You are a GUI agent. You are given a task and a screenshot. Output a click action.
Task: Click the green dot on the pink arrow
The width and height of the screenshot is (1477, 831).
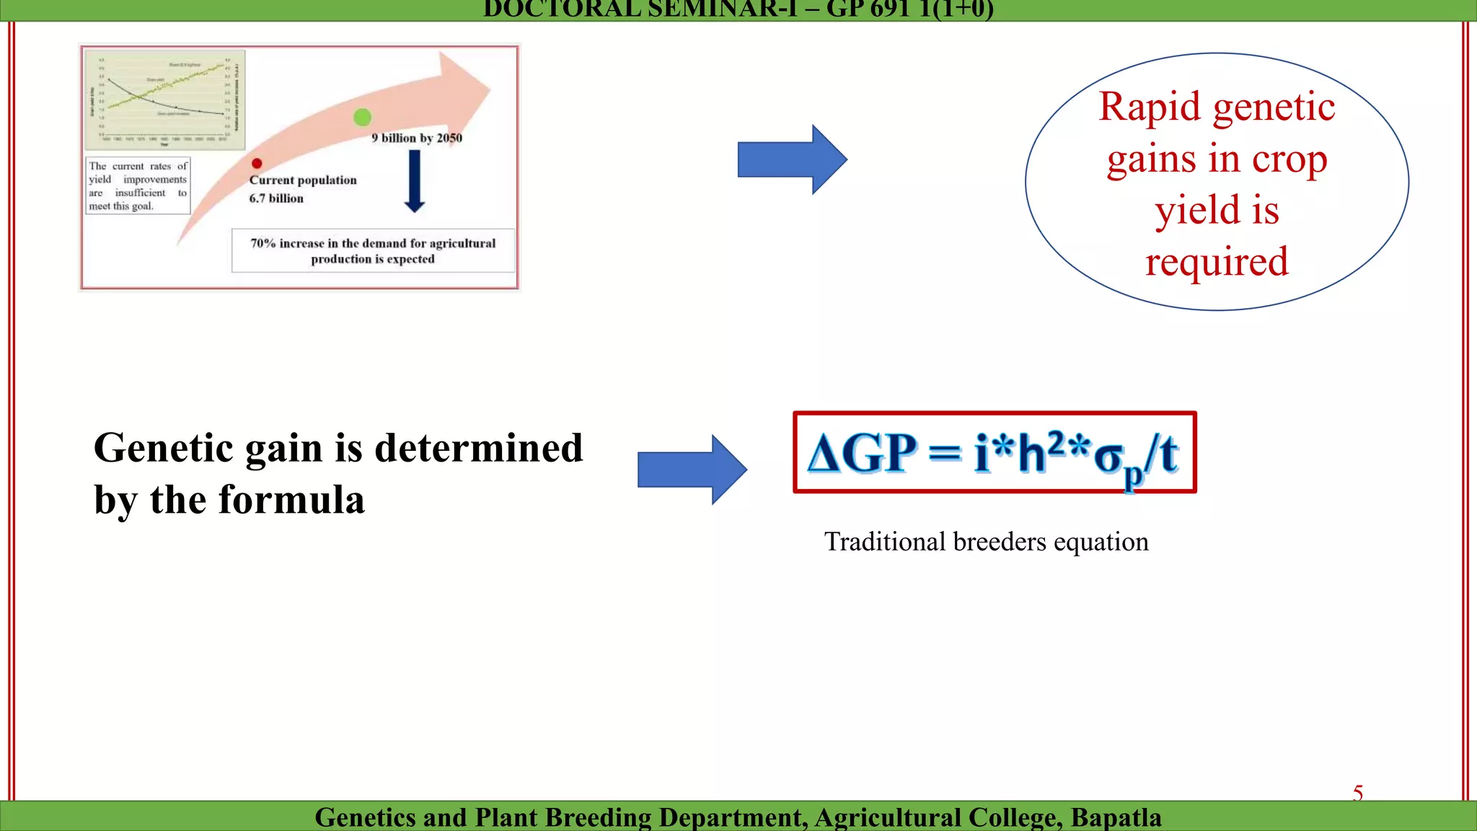(363, 117)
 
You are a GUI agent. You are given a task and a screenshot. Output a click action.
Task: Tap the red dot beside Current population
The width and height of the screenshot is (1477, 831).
(257, 164)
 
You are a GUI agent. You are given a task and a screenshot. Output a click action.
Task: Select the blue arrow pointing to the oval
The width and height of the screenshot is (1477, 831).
(792, 159)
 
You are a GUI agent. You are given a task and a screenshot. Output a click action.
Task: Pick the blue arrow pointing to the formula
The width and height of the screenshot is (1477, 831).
(692, 470)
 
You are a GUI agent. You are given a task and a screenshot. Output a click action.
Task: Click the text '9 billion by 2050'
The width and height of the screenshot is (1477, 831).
(417, 138)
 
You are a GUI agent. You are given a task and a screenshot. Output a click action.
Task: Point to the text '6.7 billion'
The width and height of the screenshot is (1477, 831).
(276, 198)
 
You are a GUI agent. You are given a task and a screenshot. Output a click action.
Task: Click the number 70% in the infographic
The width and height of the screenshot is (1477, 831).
(263, 244)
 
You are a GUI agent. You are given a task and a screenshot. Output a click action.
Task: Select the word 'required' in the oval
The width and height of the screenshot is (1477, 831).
(1217, 261)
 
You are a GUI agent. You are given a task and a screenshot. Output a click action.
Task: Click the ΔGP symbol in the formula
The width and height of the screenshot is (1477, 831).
(862, 454)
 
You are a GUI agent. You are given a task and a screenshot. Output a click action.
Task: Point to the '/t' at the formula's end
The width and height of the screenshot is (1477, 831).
(1163, 454)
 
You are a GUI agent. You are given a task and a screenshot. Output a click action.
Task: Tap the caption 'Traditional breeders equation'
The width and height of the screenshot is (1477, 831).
(986, 542)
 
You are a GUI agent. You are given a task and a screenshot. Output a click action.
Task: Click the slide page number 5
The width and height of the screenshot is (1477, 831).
(1358, 793)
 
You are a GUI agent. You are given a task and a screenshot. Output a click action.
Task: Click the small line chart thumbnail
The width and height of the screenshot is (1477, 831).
(165, 100)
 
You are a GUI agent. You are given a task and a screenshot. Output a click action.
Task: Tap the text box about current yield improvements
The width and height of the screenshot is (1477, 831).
(138, 186)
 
